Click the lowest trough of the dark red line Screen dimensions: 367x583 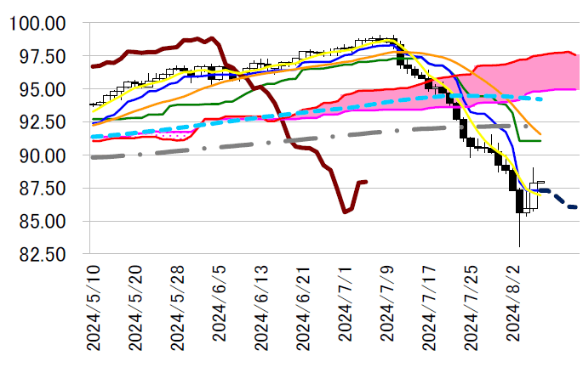pos(345,212)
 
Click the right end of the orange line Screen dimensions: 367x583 pos(540,134)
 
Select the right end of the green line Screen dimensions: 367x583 pos(540,140)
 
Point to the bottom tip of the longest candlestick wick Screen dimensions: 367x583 pos(519,246)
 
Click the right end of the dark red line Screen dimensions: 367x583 pos(366,181)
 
